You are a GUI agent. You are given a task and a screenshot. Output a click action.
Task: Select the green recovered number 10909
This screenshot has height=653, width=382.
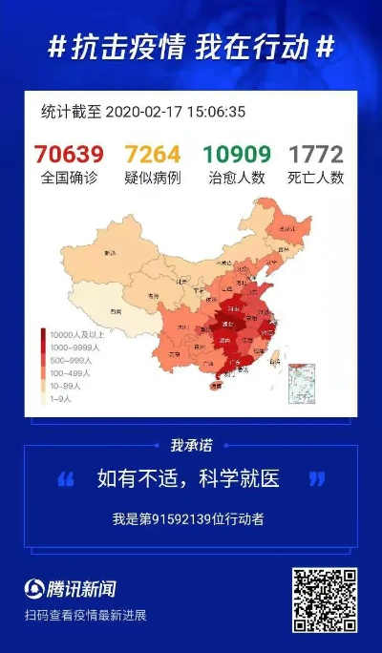pos(235,154)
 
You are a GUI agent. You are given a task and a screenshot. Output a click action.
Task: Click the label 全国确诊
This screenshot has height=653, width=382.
pos(69,178)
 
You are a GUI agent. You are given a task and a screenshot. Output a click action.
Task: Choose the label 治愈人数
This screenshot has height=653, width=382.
pos(236,178)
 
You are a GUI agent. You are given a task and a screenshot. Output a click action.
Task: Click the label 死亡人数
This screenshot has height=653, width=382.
pos(316,178)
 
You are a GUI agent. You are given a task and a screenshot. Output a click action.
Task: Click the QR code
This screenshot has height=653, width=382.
pos(325,600)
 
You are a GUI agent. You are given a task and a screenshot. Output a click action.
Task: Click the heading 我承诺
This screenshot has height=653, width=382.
pos(190,445)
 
